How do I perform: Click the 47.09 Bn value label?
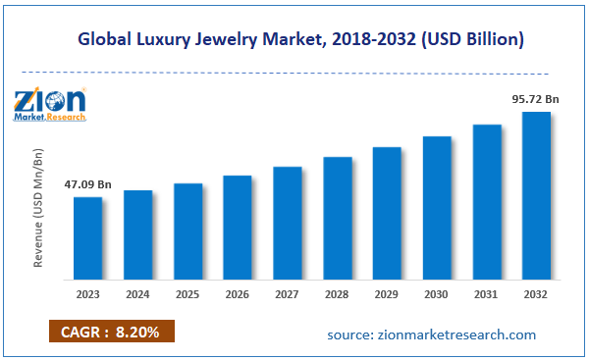pos(88,182)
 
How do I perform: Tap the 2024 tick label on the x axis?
pos(137,292)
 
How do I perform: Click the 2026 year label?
pos(237,292)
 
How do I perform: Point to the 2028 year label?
pos(337,292)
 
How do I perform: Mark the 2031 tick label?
pos(487,292)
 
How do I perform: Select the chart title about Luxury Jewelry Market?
pos(294,40)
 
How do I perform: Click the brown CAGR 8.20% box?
pos(111,333)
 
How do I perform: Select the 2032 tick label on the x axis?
pos(536,292)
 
